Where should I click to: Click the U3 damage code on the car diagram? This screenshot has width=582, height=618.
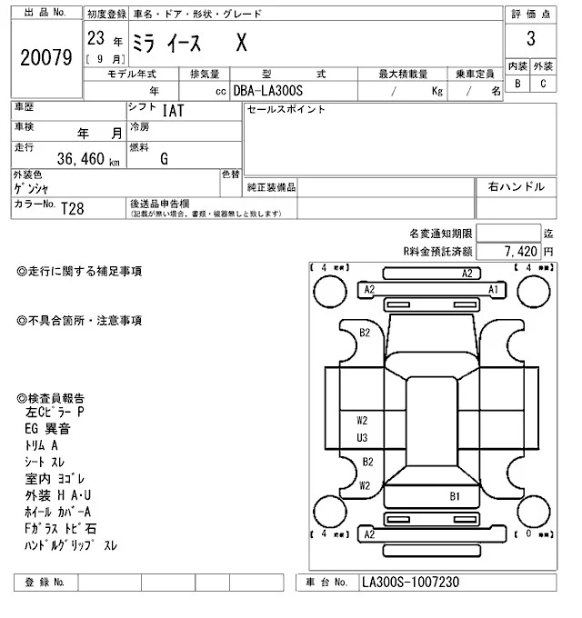pyautogui.click(x=362, y=438)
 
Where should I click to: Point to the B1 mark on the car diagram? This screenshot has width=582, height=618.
pyautogui.click(x=455, y=496)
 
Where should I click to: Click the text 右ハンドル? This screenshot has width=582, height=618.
pyautogui.click(x=517, y=186)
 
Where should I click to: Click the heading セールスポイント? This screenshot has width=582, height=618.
pyautogui.click(x=286, y=110)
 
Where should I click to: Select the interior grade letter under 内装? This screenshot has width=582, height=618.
pyautogui.click(x=517, y=84)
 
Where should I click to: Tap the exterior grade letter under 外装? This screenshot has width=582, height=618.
pyautogui.click(x=543, y=84)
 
